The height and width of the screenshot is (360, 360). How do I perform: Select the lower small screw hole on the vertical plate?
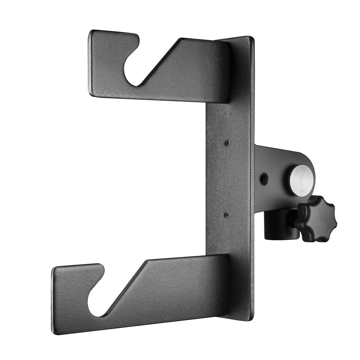(x=226, y=214)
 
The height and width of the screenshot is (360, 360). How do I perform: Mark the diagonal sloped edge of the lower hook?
(x=126, y=288)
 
